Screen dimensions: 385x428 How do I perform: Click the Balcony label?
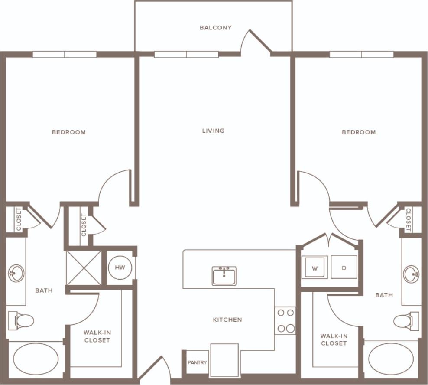click(215, 28)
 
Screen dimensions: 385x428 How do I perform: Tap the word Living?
click(213, 131)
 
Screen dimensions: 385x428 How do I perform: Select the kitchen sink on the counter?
click(224, 276)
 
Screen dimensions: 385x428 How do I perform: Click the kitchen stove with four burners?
click(285, 320)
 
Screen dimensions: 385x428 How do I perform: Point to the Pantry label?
click(197, 362)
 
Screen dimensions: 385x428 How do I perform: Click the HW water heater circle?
click(120, 268)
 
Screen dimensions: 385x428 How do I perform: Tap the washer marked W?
click(315, 268)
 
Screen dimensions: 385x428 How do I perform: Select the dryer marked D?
click(344, 267)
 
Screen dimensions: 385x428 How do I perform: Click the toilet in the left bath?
click(21, 321)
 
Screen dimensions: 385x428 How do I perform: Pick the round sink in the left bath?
click(16, 273)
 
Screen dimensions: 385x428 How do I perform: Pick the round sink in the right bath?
click(411, 274)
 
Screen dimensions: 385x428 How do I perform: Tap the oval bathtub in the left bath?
click(36, 359)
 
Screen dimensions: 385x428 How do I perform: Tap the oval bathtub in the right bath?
click(391, 359)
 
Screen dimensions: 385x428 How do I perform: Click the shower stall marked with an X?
click(84, 268)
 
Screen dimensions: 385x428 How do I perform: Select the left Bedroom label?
click(69, 132)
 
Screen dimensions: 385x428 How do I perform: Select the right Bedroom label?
click(359, 132)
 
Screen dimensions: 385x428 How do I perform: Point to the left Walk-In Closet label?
click(97, 336)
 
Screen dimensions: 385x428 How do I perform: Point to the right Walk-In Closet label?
click(334, 339)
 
